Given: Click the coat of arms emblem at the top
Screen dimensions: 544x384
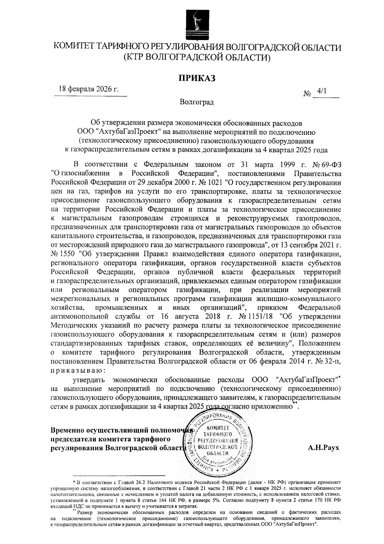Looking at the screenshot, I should (x=196, y=24).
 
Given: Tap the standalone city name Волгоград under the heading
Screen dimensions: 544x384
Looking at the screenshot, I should (x=196, y=102).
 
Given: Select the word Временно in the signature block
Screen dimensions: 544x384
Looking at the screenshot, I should (x=69, y=430).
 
